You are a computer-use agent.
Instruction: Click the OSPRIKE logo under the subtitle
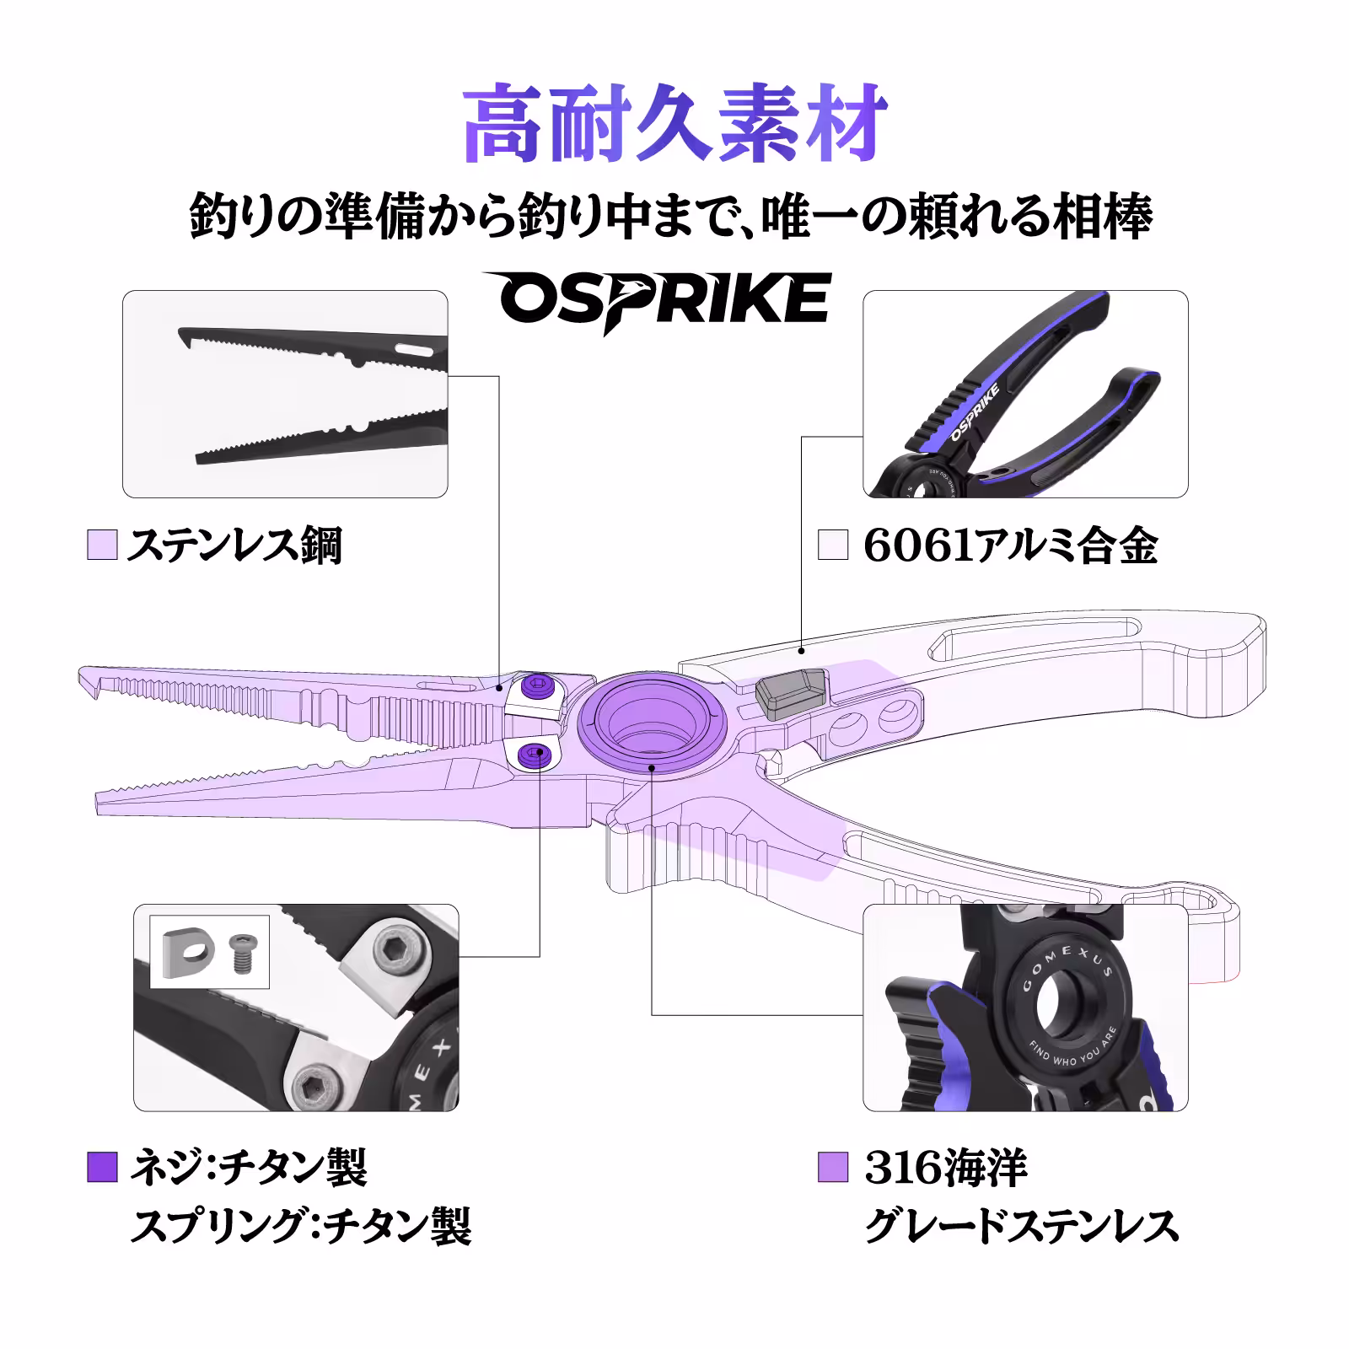pos(656,300)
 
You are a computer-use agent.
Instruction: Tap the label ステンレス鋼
pos(234,546)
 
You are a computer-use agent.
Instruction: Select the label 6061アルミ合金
pos(1010,546)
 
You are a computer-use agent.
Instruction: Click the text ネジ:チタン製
pos(248,1168)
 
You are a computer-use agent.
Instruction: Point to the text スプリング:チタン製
pos(300,1225)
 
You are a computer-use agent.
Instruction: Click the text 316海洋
pos(945,1168)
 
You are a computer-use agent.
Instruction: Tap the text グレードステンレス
pos(1021,1225)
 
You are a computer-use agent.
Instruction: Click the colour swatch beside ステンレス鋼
pos(102,546)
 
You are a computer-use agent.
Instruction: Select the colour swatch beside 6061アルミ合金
pos(832,546)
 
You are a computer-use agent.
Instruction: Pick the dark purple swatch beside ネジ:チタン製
pos(102,1168)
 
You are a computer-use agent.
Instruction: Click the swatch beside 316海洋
pos(832,1168)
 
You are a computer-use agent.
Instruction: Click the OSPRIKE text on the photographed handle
pos(975,413)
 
